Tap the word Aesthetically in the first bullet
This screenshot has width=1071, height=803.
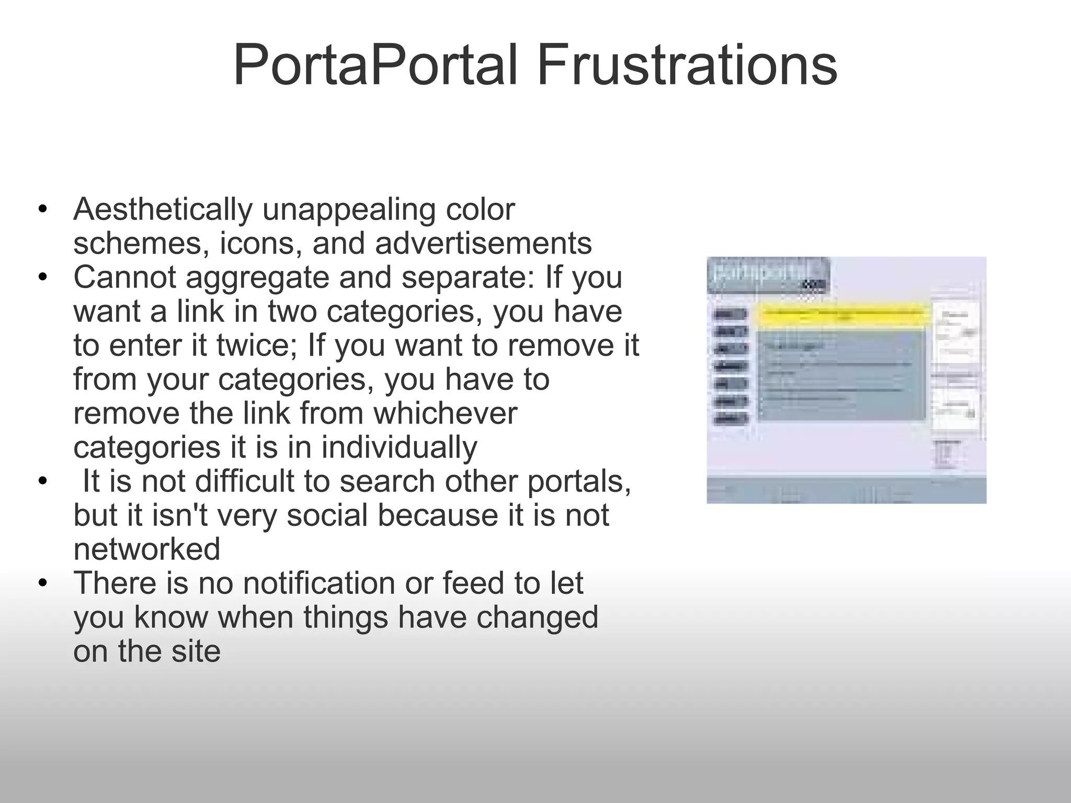point(163,210)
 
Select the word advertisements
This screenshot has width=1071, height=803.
point(484,244)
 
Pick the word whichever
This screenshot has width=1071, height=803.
point(445,414)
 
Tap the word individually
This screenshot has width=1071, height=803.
point(399,448)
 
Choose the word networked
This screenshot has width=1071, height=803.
point(147,549)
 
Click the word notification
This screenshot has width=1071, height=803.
point(319,583)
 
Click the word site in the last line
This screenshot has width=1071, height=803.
point(196,651)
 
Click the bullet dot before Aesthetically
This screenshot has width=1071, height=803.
point(43,211)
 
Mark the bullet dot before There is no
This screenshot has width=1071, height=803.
point(43,584)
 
